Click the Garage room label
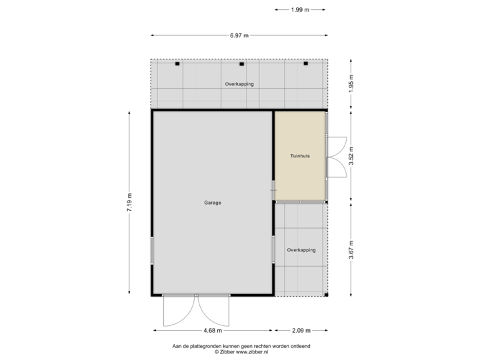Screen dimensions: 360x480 [x=213, y=203]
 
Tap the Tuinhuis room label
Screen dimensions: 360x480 [x=299, y=156]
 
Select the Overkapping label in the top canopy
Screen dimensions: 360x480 [x=239, y=85]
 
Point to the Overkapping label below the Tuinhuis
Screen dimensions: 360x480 [x=301, y=250]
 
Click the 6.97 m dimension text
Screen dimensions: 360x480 [x=239, y=35]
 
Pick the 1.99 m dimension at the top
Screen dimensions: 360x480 [x=300, y=10]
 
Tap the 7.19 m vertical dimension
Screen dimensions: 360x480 [x=129, y=203]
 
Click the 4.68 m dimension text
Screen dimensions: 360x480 [x=213, y=330]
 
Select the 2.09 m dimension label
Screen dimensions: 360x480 [x=300, y=330]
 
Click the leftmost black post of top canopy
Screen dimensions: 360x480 [x=177, y=64]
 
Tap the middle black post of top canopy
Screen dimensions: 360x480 [x=241, y=64]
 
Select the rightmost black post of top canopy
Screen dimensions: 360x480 [x=306, y=64]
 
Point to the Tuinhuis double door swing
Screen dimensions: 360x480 [x=337, y=156]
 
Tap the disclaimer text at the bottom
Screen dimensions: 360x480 [x=239, y=347]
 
